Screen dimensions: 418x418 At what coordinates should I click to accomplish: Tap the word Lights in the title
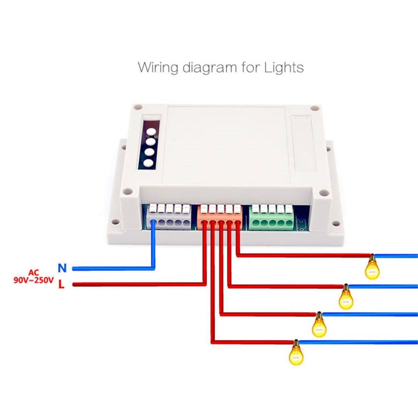coord(284,67)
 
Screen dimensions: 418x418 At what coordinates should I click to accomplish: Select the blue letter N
coord(62,268)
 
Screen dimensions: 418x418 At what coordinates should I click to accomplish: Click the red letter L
coord(61,285)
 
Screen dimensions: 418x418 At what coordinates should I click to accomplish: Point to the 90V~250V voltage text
coord(33,280)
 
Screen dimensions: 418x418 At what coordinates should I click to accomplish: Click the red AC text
coord(34,272)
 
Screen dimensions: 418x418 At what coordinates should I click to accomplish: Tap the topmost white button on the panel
coord(150,132)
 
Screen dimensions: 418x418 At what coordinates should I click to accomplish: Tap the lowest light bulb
coord(296,354)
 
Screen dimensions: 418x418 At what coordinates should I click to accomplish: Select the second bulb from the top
coord(346,298)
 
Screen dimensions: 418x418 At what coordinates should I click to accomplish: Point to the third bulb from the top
coord(319,326)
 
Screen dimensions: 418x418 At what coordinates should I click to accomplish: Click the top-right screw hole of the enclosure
coord(315,108)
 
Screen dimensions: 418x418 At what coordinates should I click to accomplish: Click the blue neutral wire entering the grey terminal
coord(153,247)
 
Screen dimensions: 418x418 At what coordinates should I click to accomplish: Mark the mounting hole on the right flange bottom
coord(335,223)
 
